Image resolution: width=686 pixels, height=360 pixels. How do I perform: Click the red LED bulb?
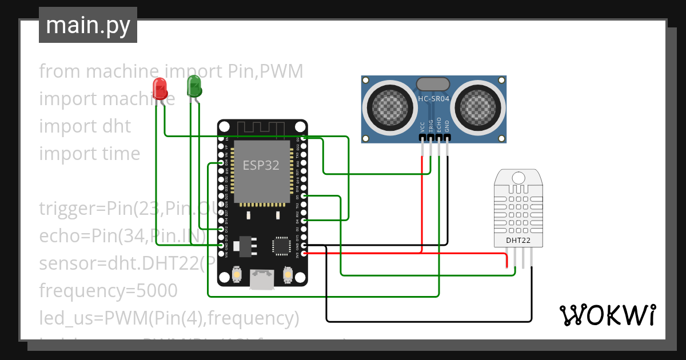tap(159, 89)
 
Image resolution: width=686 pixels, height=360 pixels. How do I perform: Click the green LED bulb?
tap(194, 87)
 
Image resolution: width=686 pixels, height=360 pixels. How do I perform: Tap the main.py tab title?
tap(88, 25)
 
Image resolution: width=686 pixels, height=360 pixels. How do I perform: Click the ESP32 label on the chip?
tap(261, 165)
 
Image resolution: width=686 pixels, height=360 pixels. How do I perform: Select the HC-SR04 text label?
tap(434, 98)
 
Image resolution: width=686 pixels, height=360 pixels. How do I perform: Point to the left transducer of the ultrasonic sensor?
tap(390, 104)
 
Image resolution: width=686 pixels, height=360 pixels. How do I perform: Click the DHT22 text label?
tap(518, 241)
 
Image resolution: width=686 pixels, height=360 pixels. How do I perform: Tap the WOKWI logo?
tap(607, 315)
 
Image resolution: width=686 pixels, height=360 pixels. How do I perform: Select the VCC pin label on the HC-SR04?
tap(422, 126)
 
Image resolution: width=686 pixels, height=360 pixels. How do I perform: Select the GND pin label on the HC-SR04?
tap(447, 126)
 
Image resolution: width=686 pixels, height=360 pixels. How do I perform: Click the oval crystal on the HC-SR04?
tap(434, 84)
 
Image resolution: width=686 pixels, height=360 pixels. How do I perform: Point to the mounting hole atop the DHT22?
tap(518, 177)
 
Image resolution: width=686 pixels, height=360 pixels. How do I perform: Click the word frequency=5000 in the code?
tap(108, 290)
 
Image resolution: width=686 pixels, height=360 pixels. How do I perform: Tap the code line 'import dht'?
tap(85, 126)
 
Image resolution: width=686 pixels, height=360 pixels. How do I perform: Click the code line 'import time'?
tap(89, 153)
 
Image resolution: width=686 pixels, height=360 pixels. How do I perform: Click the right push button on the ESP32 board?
tap(288, 277)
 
